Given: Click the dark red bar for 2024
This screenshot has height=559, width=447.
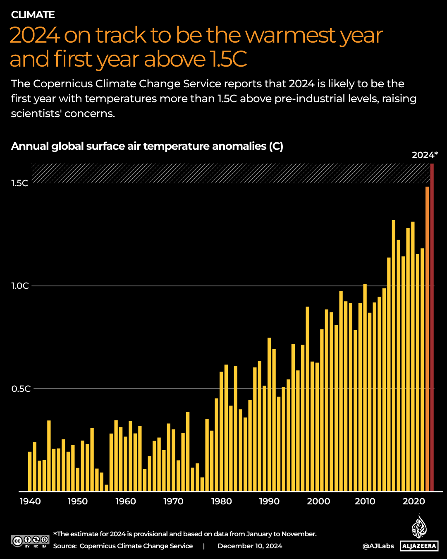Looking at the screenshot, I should (x=432, y=327).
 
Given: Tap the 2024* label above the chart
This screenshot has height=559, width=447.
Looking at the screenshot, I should (x=425, y=155).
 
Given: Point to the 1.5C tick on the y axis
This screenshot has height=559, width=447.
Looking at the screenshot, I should (x=20, y=183).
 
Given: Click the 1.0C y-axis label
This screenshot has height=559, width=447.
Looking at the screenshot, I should (x=20, y=286).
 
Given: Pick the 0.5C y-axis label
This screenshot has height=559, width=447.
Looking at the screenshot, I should (x=20, y=389).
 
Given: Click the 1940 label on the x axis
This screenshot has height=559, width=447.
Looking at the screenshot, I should (x=30, y=501).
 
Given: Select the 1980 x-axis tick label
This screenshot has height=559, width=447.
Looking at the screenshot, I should (x=222, y=501).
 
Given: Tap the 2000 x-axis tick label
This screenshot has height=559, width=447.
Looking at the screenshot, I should (x=319, y=501).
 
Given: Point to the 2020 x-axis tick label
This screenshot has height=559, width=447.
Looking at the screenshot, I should (x=414, y=501).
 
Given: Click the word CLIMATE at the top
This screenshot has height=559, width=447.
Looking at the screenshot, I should (x=33, y=15).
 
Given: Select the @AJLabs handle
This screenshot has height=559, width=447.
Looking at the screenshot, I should (x=378, y=546).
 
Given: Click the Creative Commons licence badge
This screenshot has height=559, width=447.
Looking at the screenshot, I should (x=30, y=541).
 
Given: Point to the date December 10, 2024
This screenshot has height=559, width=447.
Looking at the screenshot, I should (x=250, y=546).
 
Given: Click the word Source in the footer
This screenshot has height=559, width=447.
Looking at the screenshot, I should (x=65, y=546).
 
